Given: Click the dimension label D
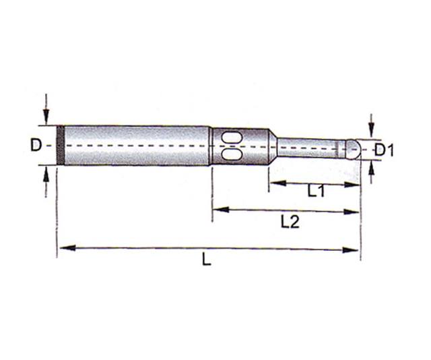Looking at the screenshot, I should click(x=36, y=145).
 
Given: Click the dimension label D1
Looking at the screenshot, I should click(x=383, y=150).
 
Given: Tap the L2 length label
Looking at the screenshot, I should click(x=289, y=223).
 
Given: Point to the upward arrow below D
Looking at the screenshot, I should click(x=45, y=174).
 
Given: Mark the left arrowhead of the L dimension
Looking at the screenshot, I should click(x=63, y=248).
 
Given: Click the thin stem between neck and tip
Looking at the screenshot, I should click(x=307, y=147).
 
